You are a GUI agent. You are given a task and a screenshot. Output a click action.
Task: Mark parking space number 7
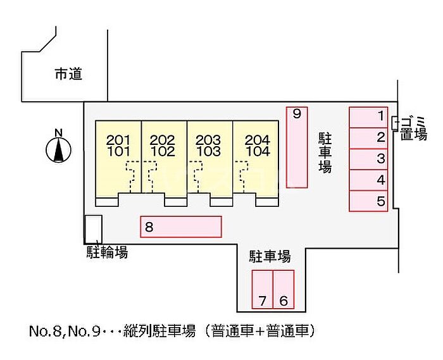point(262,289)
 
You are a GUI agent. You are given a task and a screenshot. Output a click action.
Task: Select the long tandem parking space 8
point(181,227)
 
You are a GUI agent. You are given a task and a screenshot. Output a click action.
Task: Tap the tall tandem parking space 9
point(297,147)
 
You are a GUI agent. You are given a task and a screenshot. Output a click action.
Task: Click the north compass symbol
point(58,148)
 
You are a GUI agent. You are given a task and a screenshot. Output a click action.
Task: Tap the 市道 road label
point(68,75)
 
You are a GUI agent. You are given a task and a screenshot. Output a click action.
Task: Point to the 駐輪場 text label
point(107,253)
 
